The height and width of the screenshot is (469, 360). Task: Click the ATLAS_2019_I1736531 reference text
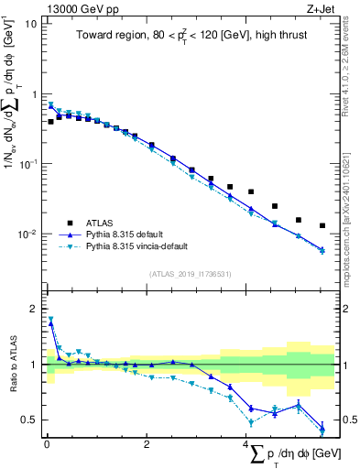189,273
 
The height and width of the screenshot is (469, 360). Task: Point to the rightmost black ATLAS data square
322,225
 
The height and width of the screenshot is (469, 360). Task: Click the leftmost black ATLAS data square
50,121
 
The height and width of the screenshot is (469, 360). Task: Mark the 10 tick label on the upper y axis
31,24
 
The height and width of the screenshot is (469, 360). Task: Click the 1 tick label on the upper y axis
34,94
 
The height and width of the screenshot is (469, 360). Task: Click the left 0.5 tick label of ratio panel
30,420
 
